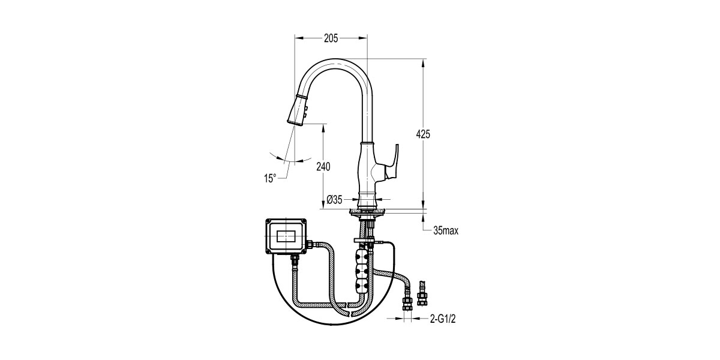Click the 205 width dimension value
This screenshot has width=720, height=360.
[x=331, y=38]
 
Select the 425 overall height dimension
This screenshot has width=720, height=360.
[x=423, y=134]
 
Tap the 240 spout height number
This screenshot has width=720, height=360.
[x=323, y=166]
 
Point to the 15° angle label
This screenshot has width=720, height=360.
[x=270, y=178]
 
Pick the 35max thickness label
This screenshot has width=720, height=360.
[x=445, y=230]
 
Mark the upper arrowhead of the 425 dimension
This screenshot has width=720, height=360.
[x=423, y=64]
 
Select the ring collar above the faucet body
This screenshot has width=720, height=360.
[x=367, y=143]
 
